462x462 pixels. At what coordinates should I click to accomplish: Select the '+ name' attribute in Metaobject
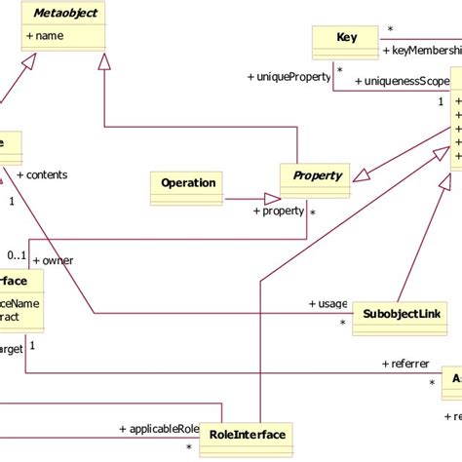click(45, 36)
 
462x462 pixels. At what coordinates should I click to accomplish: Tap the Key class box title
click(346, 38)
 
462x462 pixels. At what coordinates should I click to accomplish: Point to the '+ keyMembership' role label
click(420, 51)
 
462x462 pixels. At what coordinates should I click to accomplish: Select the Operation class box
click(188, 182)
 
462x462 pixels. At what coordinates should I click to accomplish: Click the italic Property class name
click(318, 176)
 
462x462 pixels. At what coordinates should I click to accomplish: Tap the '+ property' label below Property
click(281, 211)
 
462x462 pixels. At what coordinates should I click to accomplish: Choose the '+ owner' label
click(54, 260)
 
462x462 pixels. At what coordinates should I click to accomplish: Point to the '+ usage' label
click(328, 303)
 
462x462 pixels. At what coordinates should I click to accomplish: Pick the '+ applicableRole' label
click(159, 428)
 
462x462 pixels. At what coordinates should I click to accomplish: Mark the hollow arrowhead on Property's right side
click(363, 175)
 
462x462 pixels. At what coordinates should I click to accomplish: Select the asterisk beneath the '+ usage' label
click(342, 322)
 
